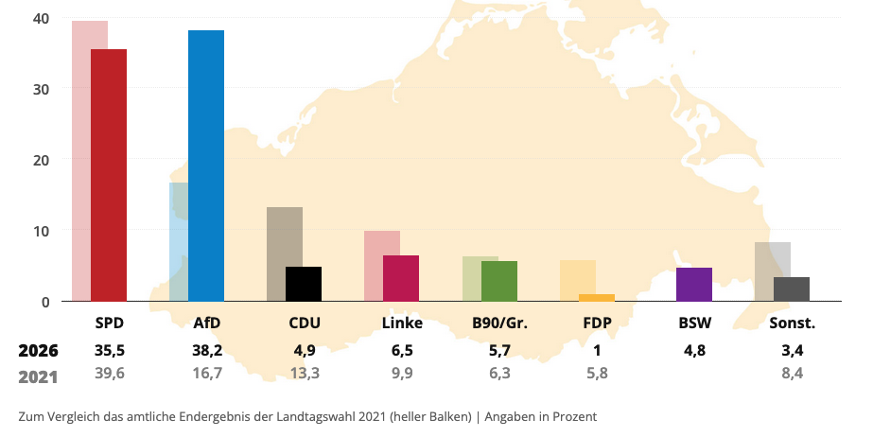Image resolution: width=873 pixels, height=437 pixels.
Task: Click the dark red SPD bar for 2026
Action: pyautogui.click(x=109, y=175)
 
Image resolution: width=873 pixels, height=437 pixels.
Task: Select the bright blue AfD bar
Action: pyautogui.click(x=206, y=166)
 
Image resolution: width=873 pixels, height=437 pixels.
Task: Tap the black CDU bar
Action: pyautogui.click(x=304, y=284)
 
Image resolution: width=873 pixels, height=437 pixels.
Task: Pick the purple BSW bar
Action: pyautogui.click(x=694, y=285)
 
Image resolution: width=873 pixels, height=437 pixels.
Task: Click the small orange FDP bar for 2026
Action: pyautogui.click(x=597, y=298)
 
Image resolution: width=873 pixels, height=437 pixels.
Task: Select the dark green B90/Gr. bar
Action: pyautogui.click(x=499, y=281)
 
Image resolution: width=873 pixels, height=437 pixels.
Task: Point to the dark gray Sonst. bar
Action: pyautogui.click(x=792, y=289)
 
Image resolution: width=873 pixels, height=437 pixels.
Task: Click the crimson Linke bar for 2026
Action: pyautogui.click(x=401, y=278)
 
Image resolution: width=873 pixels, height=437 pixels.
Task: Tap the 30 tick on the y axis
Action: pyautogui.click(x=42, y=89)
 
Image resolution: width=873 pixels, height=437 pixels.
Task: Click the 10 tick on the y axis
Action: pyautogui.click(x=42, y=231)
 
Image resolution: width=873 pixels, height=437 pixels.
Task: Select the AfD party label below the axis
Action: pyautogui.click(x=207, y=323)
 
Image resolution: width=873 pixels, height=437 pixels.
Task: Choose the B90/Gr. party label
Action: pyautogui.click(x=499, y=323)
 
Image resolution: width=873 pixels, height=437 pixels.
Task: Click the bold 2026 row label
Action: pyautogui.click(x=39, y=351)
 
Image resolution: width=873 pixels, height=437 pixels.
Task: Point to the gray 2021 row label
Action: pyautogui.click(x=39, y=376)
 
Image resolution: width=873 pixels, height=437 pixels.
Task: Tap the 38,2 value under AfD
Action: pyautogui.click(x=207, y=351)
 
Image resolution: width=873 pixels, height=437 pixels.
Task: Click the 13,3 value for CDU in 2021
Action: pyautogui.click(x=305, y=373)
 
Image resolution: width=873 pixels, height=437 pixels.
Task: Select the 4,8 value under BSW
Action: pyautogui.click(x=695, y=351)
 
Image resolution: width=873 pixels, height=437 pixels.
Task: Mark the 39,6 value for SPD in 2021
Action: pyautogui.click(x=110, y=373)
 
